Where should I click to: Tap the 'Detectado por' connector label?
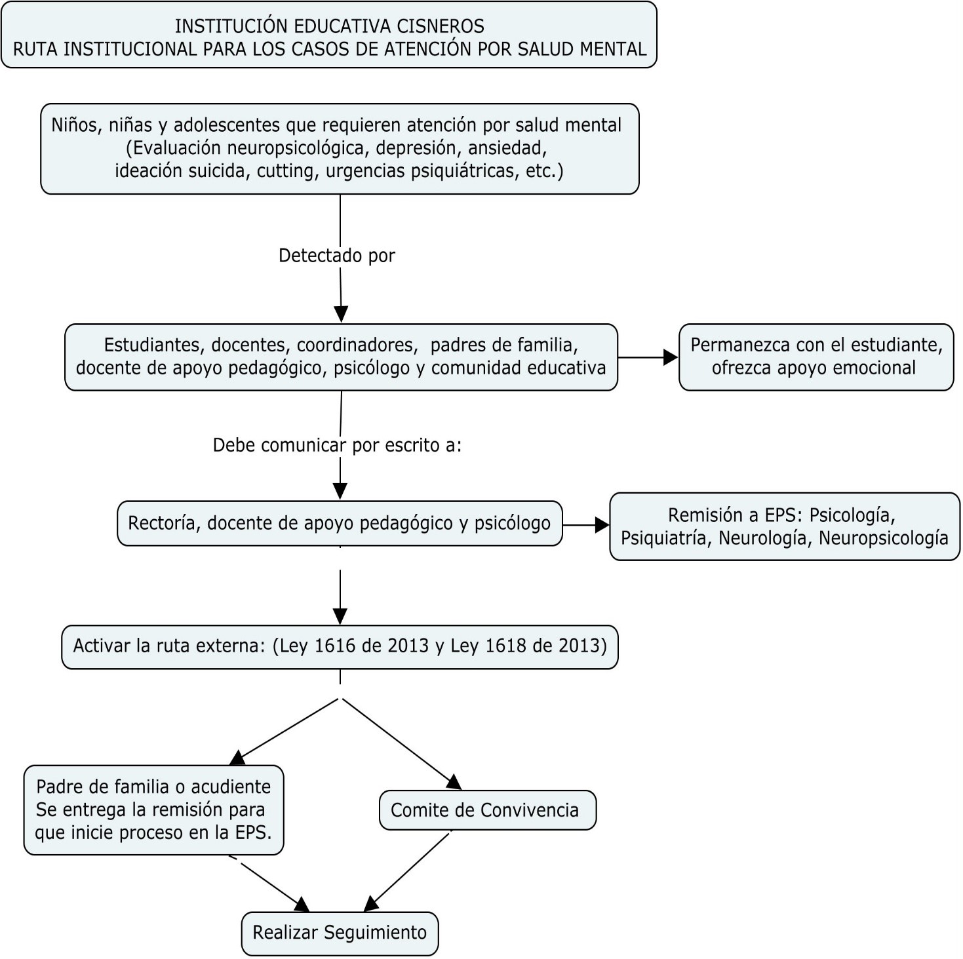[337, 256]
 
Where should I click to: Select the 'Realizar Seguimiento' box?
[340, 933]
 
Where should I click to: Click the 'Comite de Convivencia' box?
[488, 810]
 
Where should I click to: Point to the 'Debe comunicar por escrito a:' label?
[338, 445]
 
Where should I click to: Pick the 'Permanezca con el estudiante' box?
[816, 357]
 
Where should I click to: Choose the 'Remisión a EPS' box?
[785, 527]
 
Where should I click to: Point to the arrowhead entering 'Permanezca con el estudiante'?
[671, 357]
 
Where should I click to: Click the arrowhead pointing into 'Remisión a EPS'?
[602, 525]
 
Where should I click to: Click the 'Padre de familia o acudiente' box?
[154, 810]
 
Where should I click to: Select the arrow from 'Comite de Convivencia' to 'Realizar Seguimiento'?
[407, 871]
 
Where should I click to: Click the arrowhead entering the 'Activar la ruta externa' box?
[340, 617]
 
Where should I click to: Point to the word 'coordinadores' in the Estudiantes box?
[357, 345]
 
